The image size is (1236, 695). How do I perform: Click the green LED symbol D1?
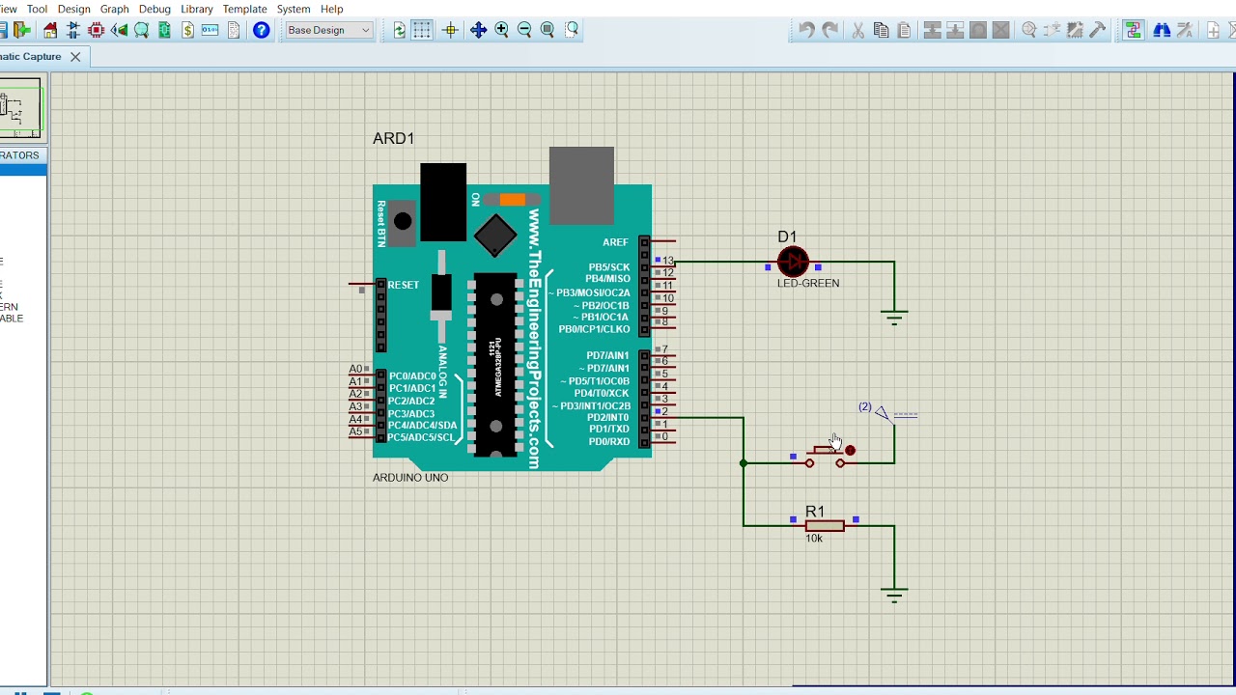tap(793, 262)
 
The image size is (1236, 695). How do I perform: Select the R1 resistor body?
tap(825, 525)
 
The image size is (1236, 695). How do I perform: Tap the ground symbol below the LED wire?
tap(894, 317)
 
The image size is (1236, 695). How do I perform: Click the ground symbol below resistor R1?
tap(894, 594)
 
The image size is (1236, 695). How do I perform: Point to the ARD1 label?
tap(393, 139)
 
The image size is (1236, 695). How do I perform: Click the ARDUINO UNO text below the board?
tap(410, 478)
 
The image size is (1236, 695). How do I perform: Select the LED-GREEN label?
tap(808, 284)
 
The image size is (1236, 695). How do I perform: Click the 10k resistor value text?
tap(814, 539)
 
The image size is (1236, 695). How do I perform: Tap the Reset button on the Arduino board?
tap(403, 222)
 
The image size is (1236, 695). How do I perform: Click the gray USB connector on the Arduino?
tap(581, 184)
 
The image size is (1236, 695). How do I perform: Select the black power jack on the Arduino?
tap(443, 202)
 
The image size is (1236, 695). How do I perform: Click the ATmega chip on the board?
tap(495, 364)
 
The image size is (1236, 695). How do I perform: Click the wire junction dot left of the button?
tap(744, 463)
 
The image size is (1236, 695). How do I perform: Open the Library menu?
tap(197, 9)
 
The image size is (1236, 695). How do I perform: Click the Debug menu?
tap(154, 9)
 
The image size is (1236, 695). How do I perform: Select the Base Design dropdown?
tap(328, 30)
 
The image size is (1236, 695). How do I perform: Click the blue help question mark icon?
tap(261, 30)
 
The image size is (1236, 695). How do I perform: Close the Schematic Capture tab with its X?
tap(75, 57)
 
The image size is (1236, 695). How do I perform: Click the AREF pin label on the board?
tap(615, 242)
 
